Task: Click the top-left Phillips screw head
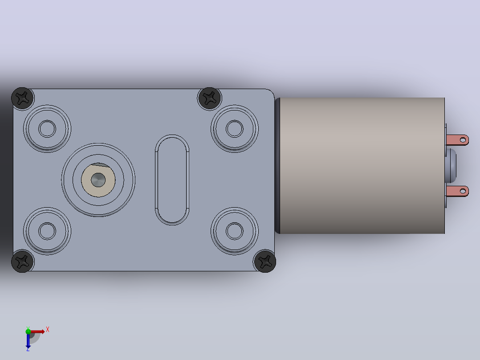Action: [x=23, y=98]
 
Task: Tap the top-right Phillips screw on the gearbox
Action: [x=209, y=98]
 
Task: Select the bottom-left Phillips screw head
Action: [x=23, y=262]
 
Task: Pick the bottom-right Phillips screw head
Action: [x=265, y=262]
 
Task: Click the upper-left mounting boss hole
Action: [x=47, y=129]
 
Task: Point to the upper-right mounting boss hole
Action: [x=235, y=129]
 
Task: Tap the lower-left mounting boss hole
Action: [x=47, y=231]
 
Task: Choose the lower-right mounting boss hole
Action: [x=235, y=231]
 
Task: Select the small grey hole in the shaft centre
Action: [x=98, y=180]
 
